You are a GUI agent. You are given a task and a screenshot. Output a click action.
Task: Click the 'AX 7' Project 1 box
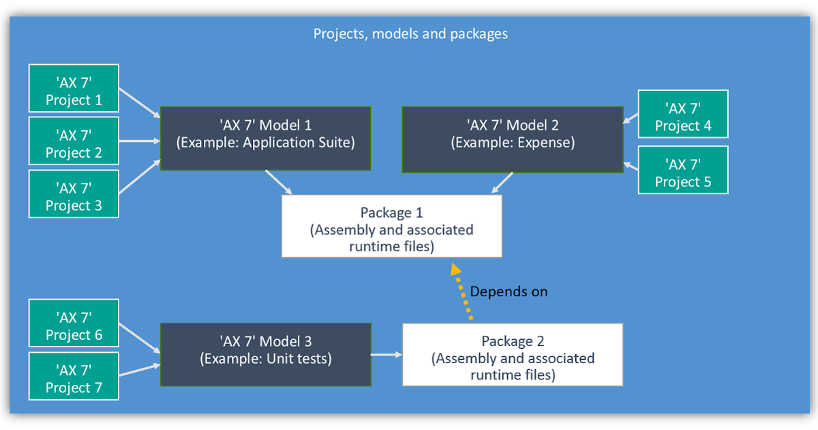point(74,89)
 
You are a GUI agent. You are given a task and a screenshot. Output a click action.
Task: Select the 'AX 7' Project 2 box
point(74,141)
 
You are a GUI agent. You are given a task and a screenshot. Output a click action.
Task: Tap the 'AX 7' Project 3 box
point(74,194)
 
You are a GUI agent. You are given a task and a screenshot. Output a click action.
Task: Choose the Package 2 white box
point(513,355)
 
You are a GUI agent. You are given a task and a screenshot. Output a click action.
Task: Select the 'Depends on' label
point(509,291)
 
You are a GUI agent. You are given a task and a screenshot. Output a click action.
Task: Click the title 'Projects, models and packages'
point(410,33)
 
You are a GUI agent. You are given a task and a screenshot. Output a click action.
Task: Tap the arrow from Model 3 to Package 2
point(386,355)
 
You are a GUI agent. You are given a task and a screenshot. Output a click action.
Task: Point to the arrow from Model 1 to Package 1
point(279,182)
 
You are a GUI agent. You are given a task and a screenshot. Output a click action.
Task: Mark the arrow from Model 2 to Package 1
point(502,182)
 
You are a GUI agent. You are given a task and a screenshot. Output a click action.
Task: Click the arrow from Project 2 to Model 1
point(139,141)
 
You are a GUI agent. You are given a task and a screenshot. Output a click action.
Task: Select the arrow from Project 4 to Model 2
point(631,119)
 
